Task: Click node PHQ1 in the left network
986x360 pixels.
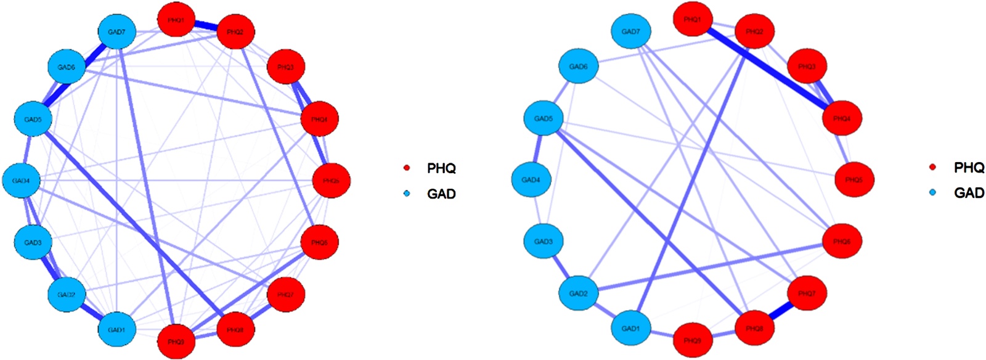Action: [176, 20]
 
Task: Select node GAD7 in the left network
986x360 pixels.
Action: [116, 32]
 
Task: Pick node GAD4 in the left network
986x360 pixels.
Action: [22, 181]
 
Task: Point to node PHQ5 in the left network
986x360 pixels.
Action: [331, 181]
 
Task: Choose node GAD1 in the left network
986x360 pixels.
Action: [116, 329]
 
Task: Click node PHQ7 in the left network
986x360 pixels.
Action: [285, 295]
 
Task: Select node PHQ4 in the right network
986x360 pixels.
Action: [842, 118]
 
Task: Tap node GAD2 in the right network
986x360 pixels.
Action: [578, 293]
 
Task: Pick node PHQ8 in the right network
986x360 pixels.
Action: [754, 329]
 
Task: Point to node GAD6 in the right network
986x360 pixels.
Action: [578, 67]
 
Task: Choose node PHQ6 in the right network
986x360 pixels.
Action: [842, 242]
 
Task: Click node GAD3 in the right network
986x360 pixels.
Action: [543, 242]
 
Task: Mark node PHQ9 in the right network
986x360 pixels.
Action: [692, 340]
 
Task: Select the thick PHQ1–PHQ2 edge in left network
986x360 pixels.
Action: [206, 26]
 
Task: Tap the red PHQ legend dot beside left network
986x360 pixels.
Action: [407, 168]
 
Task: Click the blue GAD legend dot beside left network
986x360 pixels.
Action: [407, 194]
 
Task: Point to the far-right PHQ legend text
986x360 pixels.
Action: [969, 167]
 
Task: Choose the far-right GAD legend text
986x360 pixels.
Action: [969, 193]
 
